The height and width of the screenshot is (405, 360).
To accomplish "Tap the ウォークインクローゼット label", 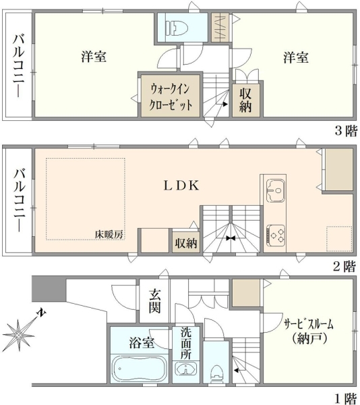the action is pos(171,97).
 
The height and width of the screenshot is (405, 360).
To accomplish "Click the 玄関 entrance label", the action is pos(154,301).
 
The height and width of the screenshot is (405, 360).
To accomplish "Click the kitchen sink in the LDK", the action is pos(276,190).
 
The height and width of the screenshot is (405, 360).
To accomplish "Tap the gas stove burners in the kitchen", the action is pos(276,235).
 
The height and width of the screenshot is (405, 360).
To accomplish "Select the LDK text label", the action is pos(181,186).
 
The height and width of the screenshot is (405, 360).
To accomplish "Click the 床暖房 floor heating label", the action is pos(109,234).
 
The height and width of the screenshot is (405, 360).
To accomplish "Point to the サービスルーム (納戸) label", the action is pos(309,331).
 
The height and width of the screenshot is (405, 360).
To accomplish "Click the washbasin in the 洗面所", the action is pos(185,369).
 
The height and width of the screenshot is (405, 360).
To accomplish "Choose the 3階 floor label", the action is pos(347,130).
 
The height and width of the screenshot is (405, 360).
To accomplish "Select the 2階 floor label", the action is pos(344,267).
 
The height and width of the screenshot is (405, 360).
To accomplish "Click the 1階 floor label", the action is pos(346,398).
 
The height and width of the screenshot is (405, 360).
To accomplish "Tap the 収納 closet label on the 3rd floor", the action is pos(245,100).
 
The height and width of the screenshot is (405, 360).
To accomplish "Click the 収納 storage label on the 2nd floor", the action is pos(186,243).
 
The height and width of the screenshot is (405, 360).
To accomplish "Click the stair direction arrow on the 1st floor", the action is pos(237,370).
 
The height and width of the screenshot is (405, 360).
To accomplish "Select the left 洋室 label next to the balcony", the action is pos(94,56).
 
